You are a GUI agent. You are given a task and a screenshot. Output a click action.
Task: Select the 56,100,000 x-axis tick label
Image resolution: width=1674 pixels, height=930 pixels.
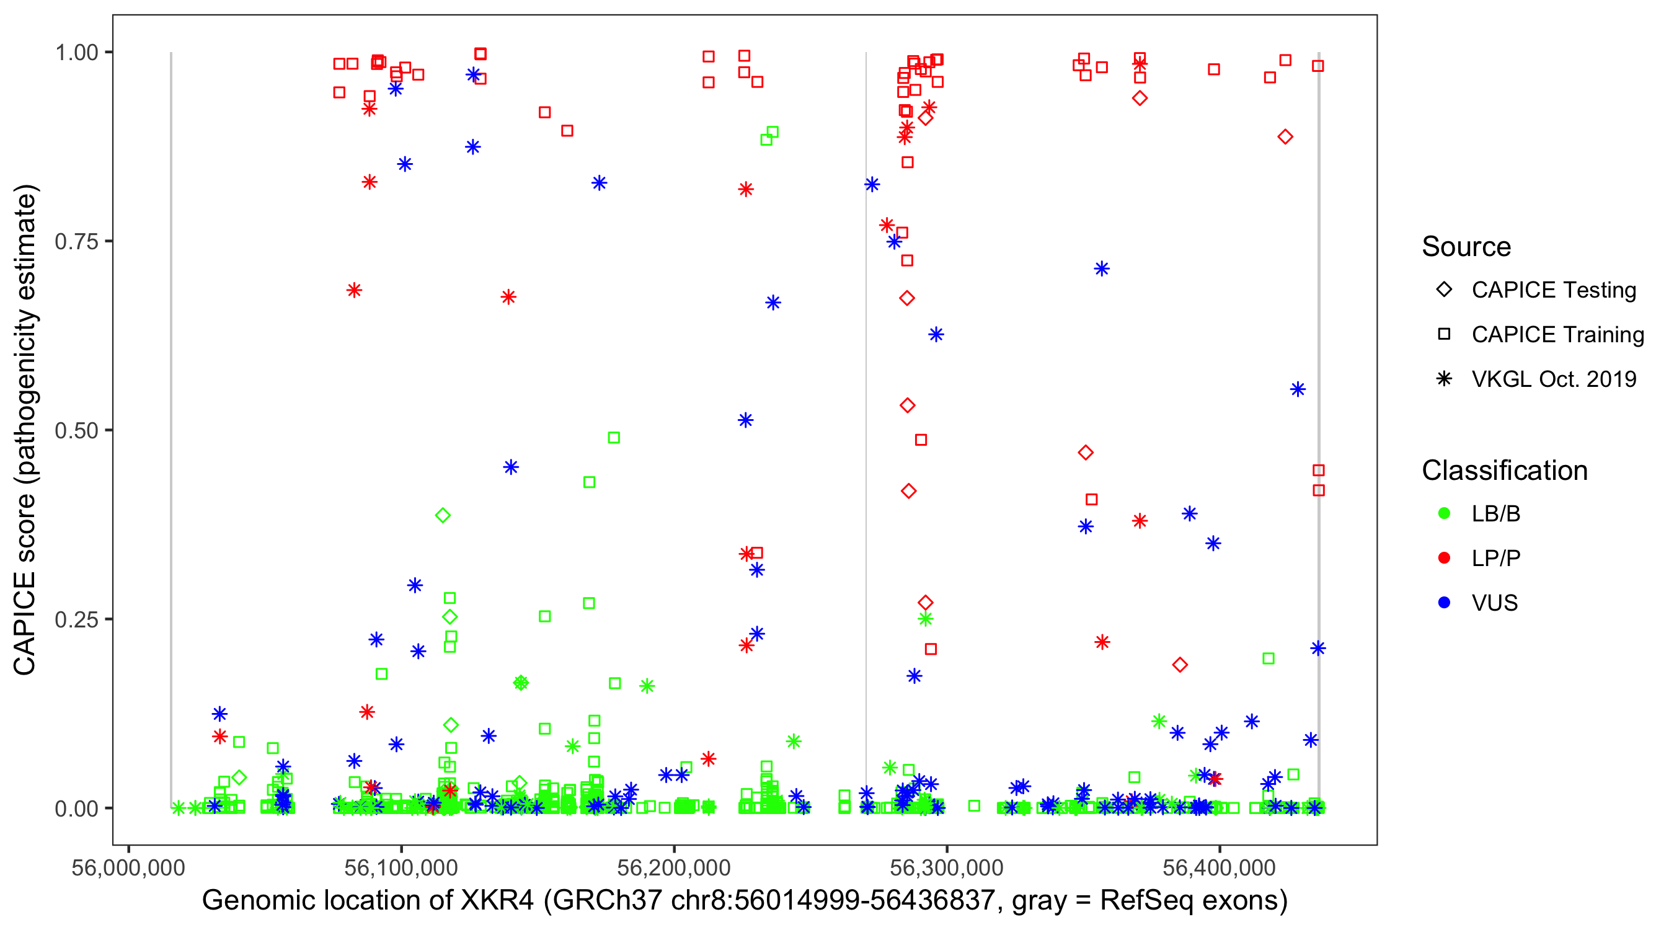pos(401,867)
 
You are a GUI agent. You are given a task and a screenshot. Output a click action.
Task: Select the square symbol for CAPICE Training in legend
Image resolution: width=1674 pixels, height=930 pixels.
pos(1444,335)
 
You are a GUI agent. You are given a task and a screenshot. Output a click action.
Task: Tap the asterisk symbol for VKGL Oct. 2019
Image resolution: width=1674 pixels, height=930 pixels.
pos(1444,379)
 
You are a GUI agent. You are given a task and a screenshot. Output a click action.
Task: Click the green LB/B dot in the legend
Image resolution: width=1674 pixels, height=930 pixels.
pos(1444,513)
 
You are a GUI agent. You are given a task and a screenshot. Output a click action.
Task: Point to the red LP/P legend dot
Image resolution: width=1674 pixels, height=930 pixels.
pos(1444,558)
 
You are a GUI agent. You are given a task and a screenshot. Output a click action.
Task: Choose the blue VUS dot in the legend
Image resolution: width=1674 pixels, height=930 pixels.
pos(1444,603)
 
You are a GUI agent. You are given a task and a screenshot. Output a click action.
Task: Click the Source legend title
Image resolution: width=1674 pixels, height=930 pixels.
pos(1466,247)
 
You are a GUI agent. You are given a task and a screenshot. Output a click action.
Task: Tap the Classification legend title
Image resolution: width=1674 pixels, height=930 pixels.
pos(1504,471)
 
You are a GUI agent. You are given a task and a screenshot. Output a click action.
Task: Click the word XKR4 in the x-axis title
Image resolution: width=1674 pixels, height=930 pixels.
pos(497,901)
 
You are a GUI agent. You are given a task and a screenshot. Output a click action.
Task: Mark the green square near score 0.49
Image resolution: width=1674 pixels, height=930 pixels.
pos(613,437)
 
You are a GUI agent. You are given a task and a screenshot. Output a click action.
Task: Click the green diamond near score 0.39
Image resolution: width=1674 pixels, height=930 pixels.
pos(443,515)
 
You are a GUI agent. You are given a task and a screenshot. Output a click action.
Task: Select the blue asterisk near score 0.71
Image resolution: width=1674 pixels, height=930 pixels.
pos(1102,268)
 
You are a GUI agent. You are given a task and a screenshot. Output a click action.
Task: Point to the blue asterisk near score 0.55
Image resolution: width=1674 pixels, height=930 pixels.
pos(1298,389)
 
